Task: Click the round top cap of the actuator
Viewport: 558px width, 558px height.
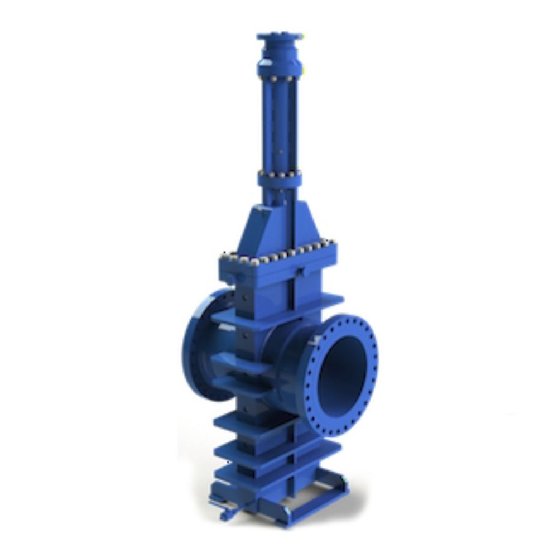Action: tap(280, 37)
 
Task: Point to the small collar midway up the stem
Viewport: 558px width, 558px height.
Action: tap(280, 179)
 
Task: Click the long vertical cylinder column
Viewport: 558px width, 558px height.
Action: tap(280, 123)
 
